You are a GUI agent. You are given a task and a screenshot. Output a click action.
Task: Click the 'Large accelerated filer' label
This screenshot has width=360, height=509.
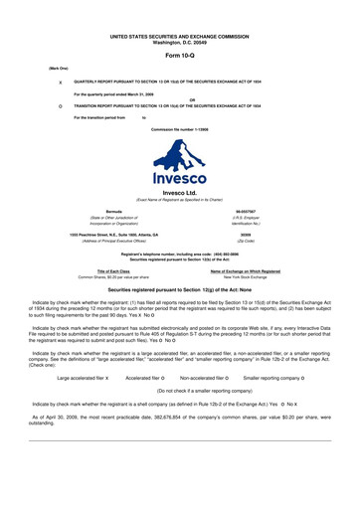(83, 351)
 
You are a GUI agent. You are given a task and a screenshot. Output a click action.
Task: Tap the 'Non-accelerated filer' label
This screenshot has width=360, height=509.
(198, 351)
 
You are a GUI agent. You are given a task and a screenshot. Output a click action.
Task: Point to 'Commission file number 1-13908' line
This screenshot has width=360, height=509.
(180, 129)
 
